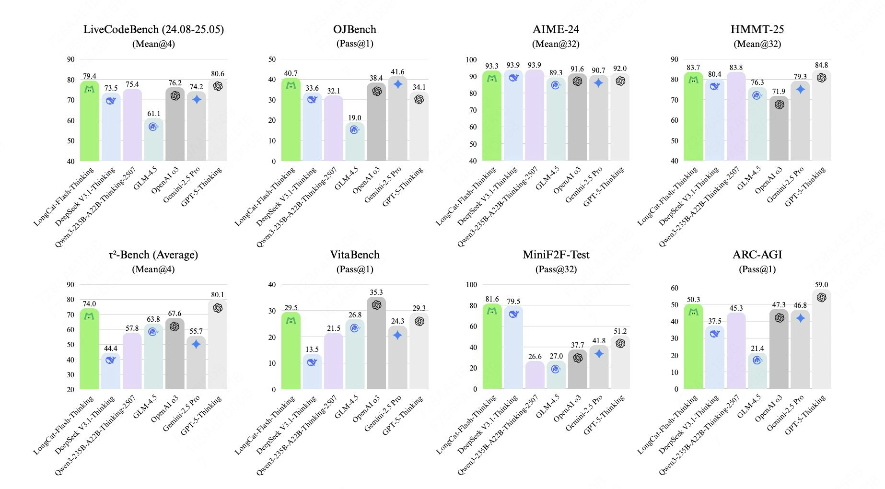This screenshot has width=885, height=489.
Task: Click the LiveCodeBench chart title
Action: pos(153,30)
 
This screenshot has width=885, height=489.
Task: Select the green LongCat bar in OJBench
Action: pos(291,120)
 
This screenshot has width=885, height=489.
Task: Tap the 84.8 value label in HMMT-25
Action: pos(821,65)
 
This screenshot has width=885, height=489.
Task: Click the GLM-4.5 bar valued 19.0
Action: pos(355,142)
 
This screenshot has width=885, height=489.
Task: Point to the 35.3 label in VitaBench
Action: pos(376,292)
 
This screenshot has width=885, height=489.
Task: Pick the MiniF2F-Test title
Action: pos(556,255)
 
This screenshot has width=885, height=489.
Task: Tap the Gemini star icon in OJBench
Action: pos(398,84)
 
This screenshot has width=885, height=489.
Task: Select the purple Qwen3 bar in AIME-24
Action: pos(535,115)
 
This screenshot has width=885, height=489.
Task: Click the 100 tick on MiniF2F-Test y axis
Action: pos(471,285)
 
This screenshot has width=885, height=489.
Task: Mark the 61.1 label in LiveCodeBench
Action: pos(153,114)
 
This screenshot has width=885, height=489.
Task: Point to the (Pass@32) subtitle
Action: pos(556,269)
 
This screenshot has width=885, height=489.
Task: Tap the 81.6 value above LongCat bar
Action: pos(492,299)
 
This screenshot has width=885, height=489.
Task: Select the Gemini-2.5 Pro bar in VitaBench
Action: pos(398,358)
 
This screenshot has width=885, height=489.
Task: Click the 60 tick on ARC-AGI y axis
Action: pos(675,288)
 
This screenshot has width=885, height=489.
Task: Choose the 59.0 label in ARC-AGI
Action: pos(821,285)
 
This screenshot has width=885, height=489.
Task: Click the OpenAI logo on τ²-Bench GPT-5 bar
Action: pos(218,308)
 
